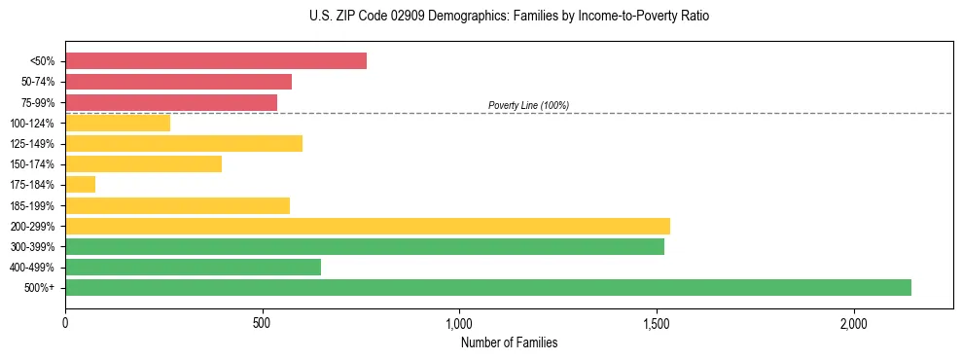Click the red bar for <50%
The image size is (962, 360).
tap(216, 61)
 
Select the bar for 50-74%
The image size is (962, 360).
tap(178, 82)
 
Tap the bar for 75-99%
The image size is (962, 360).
tap(171, 102)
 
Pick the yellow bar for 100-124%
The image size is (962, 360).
tap(118, 123)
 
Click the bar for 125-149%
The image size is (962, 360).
tap(184, 143)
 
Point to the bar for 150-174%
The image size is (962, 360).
tap(143, 163)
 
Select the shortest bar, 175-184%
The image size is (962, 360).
tap(81, 184)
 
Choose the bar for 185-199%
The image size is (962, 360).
tap(177, 205)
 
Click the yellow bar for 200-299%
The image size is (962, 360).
tap(368, 226)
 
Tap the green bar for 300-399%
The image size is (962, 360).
tap(365, 246)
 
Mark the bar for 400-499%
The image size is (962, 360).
tap(193, 267)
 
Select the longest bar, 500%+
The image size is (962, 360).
tap(488, 287)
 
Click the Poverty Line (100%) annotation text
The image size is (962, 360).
tap(528, 105)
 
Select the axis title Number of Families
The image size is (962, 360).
tap(509, 342)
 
